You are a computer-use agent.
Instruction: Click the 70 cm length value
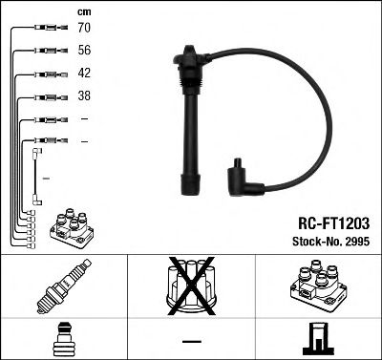[x=84, y=28]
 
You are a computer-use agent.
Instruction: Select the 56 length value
[x=84, y=51]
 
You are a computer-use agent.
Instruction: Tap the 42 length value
[x=84, y=74]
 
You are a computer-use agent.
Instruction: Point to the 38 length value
[x=84, y=96]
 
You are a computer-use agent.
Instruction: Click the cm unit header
[x=83, y=11]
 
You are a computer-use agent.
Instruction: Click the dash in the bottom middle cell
[x=191, y=341]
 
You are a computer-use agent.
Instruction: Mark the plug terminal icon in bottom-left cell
[x=64, y=340]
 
